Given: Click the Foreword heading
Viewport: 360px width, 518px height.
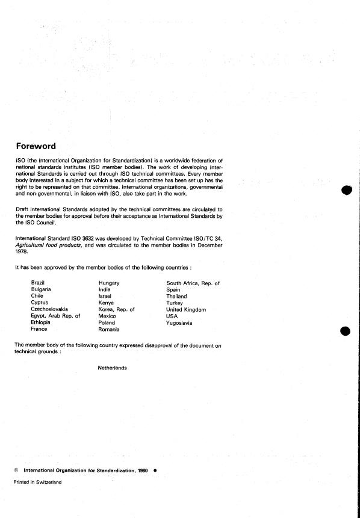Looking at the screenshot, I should (x=36, y=146).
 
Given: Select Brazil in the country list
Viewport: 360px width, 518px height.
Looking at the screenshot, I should (x=38, y=283).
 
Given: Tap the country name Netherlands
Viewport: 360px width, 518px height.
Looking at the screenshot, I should (x=112, y=368).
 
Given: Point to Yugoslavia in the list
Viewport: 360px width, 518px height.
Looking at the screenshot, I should (x=179, y=323).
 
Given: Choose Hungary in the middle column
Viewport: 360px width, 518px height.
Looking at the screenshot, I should (x=109, y=283).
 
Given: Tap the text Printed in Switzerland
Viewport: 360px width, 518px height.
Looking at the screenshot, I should (x=37, y=483).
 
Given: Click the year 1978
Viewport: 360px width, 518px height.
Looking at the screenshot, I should (x=22, y=253).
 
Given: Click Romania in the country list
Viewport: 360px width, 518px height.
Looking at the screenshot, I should (x=109, y=330).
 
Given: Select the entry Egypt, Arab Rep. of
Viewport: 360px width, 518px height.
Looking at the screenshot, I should (x=55, y=316).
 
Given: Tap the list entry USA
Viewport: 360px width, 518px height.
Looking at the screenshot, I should (x=172, y=316).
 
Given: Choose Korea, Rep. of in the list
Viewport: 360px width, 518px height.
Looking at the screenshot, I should (x=116, y=309).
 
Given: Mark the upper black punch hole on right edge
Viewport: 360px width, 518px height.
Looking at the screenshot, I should (x=346, y=191).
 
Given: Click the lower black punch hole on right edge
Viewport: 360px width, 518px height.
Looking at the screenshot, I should (x=346, y=331).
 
